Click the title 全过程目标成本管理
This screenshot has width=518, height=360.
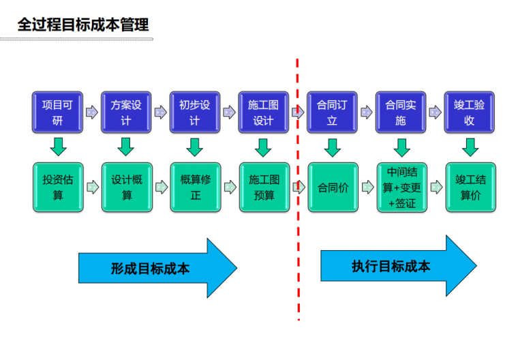[x=82, y=25]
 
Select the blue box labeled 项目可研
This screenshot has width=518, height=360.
[x=57, y=112]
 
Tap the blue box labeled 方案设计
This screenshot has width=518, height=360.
[x=126, y=112]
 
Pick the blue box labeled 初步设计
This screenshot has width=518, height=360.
[x=195, y=112]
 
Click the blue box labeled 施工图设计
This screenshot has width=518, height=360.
[x=263, y=112]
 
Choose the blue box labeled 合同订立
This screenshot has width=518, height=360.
[x=333, y=112]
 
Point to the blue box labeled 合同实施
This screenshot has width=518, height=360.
[x=401, y=112]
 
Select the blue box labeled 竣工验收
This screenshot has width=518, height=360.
[x=470, y=112]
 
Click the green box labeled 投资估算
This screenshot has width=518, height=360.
[x=57, y=187]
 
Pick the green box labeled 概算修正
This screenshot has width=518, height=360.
[x=196, y=187]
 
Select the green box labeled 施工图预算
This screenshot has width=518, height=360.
[x=264, y=187]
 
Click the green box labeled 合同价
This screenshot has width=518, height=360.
[x=333, y=187]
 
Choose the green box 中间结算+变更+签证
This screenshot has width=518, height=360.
[x=401, y=187]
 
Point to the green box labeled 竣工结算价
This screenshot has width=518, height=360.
[x=470, y=187]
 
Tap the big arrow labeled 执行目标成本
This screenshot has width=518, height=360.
[x=395, y=265]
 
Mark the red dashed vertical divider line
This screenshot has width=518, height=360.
[x=298, y=205]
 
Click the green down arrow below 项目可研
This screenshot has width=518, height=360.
[x=57, y=147]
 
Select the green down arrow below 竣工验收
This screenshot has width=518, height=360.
[x=470, y=147]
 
